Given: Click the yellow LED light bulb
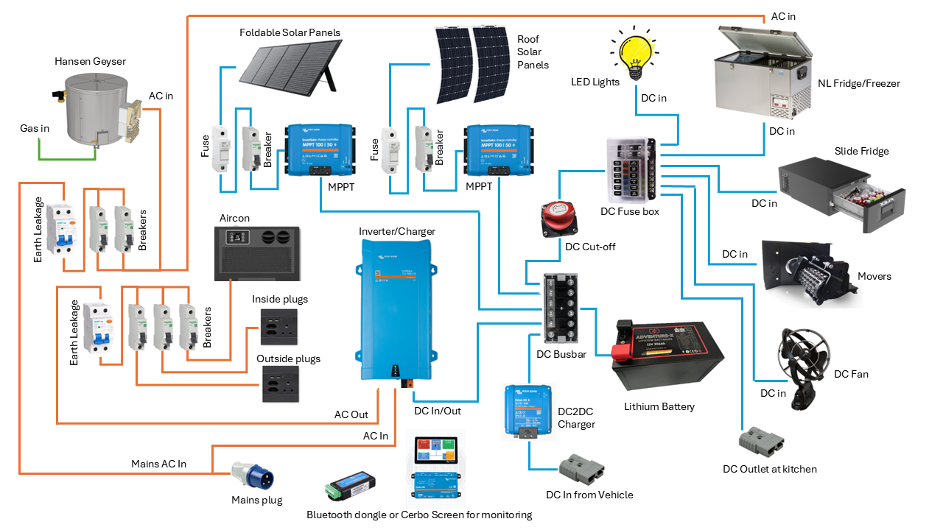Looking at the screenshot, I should click(x=636, y=53).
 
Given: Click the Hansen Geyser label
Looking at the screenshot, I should click(x=90, y=61).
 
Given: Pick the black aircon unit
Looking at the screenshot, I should click(x=256, y=252).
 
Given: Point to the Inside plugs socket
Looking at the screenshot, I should click(x=279, y=327).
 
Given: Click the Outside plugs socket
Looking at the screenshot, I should click(x=280, y=384).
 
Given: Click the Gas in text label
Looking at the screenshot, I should click(x=35, y=129).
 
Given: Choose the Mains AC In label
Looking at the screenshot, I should click(x=158, y=464).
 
